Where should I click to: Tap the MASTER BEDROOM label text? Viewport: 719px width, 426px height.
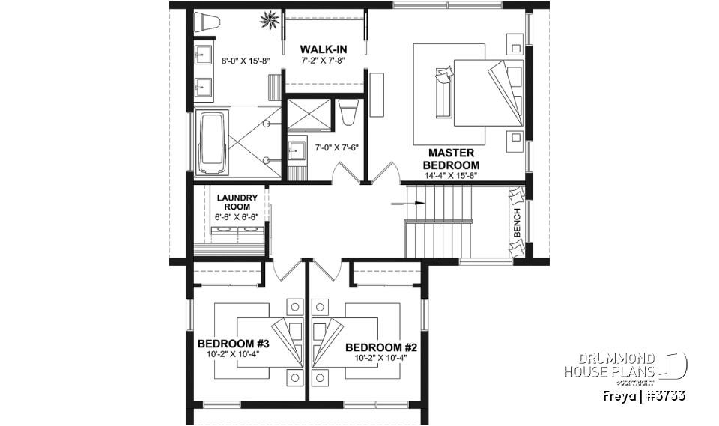(451, 159)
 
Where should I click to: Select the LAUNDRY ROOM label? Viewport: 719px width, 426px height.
(237, 202)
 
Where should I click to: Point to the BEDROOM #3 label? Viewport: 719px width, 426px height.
(233, 344)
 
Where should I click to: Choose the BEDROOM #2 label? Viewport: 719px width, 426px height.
(380, 347)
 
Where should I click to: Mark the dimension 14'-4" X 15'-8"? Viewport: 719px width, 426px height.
(451, 175)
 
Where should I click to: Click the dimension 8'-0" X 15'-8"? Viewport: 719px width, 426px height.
(245, 60)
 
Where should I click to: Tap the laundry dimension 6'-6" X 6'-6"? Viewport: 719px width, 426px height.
(237, 216)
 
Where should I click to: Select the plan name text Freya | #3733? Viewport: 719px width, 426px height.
(644, 395)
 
